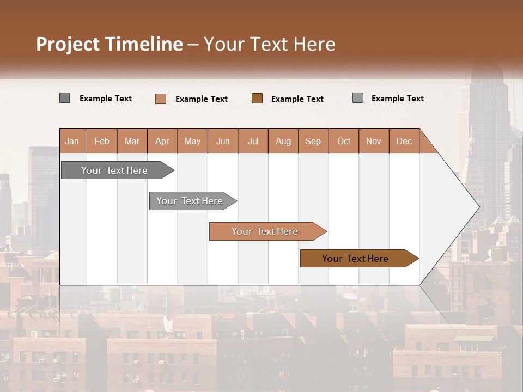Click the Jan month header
72,141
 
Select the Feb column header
102,141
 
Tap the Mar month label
132,141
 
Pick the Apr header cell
162,141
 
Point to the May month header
192,141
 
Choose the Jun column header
223,141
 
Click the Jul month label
253,141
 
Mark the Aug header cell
283,141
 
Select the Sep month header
313,141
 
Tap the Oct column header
344,141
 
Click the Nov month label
374,141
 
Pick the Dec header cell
404,141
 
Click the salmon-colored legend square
161,99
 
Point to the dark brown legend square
257,98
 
